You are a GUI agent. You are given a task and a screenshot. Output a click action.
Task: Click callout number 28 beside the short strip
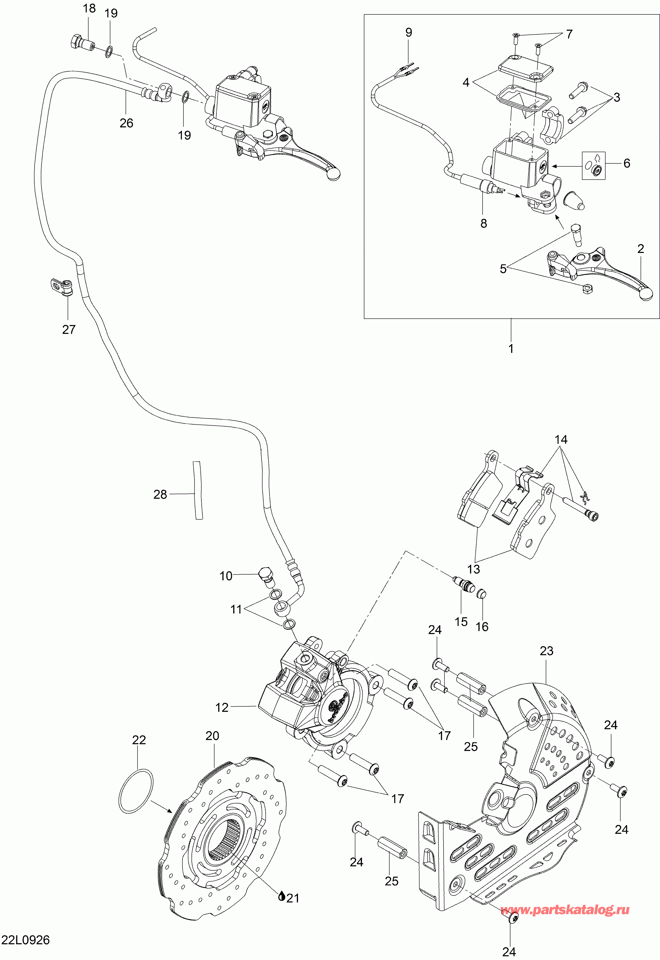point(160,495)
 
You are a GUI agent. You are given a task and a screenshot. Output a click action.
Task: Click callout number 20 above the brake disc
point(212,736)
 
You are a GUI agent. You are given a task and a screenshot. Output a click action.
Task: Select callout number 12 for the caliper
point(222,708)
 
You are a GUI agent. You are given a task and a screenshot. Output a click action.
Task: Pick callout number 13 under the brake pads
point(474,569)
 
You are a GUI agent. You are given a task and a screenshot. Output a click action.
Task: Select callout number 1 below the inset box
point(511,348)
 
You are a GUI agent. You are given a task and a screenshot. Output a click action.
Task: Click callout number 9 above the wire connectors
point(408,32)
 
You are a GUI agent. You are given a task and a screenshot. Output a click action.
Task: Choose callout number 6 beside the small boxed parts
point(627,163)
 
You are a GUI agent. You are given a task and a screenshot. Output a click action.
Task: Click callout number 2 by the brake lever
point(640,249)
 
